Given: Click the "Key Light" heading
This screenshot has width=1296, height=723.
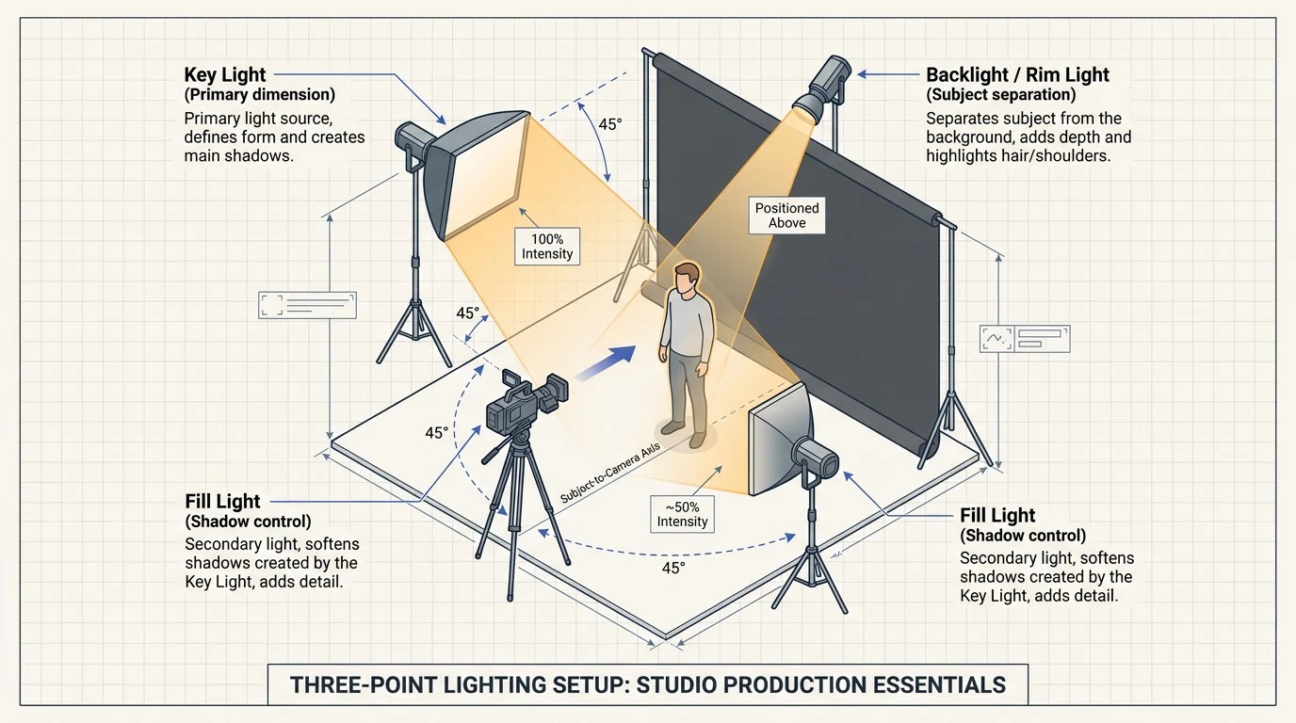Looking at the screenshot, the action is (x=224, y=74).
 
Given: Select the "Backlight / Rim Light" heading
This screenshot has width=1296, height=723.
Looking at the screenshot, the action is (x=1017, y=74).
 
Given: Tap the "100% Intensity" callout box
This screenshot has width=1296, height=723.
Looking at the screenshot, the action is (x=546, y=247).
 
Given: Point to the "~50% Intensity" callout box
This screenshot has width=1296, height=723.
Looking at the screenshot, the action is (x=682, y=514).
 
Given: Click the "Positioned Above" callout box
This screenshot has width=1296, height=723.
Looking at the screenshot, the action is (x=786, y=216).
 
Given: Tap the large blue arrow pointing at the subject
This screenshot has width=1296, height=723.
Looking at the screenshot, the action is (x=606, y=362).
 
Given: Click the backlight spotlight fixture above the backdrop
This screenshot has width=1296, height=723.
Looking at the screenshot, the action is (x=822, y=88).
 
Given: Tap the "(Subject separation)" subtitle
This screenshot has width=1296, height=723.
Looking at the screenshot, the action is (x=1001, y=94).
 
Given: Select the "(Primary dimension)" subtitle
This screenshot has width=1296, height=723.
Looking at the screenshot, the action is (x=259, y=94).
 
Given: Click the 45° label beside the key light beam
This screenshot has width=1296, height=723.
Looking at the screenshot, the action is (x=609, y=124).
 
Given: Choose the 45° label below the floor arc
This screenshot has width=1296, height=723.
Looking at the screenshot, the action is (x=673, y=568).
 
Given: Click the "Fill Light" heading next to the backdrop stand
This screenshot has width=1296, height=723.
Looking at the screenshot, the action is (x=997, y=515).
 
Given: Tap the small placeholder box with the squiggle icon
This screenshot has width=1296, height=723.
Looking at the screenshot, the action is (x=1025, y=339).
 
